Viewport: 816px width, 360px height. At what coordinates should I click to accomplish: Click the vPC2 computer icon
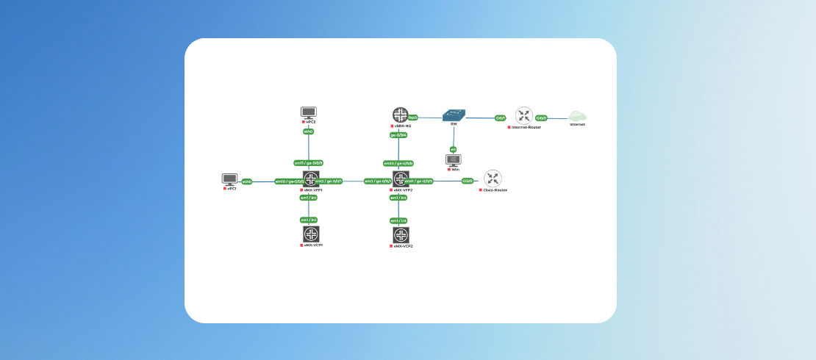[x=309, y=112]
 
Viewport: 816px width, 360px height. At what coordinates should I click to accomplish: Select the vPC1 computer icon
[x=230, y=179]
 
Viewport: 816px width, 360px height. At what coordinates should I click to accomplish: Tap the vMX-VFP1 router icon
[x=311, y=179]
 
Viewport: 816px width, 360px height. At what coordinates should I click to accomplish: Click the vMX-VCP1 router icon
[x=311, y=234]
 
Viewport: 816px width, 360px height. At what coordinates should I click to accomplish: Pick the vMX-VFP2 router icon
[x=401, y=179]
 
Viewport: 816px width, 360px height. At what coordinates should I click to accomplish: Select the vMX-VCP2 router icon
[x=401, y=235]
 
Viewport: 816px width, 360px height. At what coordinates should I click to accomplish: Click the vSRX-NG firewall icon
[x=400, y=115]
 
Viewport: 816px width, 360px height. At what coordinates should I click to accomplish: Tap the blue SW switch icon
[x=454, y=115]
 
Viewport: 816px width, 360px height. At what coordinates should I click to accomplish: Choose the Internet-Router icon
[x=523, y=115]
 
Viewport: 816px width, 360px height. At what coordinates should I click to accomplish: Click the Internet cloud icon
[x=577, y=116]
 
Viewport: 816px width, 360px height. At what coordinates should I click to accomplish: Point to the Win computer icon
[x=454, y=160]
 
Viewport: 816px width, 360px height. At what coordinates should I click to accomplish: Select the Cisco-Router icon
[x=493, y=179]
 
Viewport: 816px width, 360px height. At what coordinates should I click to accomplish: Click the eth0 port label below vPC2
[x=309, y=132]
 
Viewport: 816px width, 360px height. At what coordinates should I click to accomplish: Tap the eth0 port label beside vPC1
[x=247, y=181]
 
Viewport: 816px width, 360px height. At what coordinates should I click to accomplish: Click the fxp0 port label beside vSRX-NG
[x=412, y=118]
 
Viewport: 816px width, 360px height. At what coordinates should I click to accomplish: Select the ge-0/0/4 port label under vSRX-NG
[x=398, y=135]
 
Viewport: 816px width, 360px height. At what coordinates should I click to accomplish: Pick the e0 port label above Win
[x=453, y=149]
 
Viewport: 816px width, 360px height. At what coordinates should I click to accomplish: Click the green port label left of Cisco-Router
[x=468, y=181]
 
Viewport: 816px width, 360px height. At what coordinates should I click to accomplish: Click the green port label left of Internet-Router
[x=501, y=118]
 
